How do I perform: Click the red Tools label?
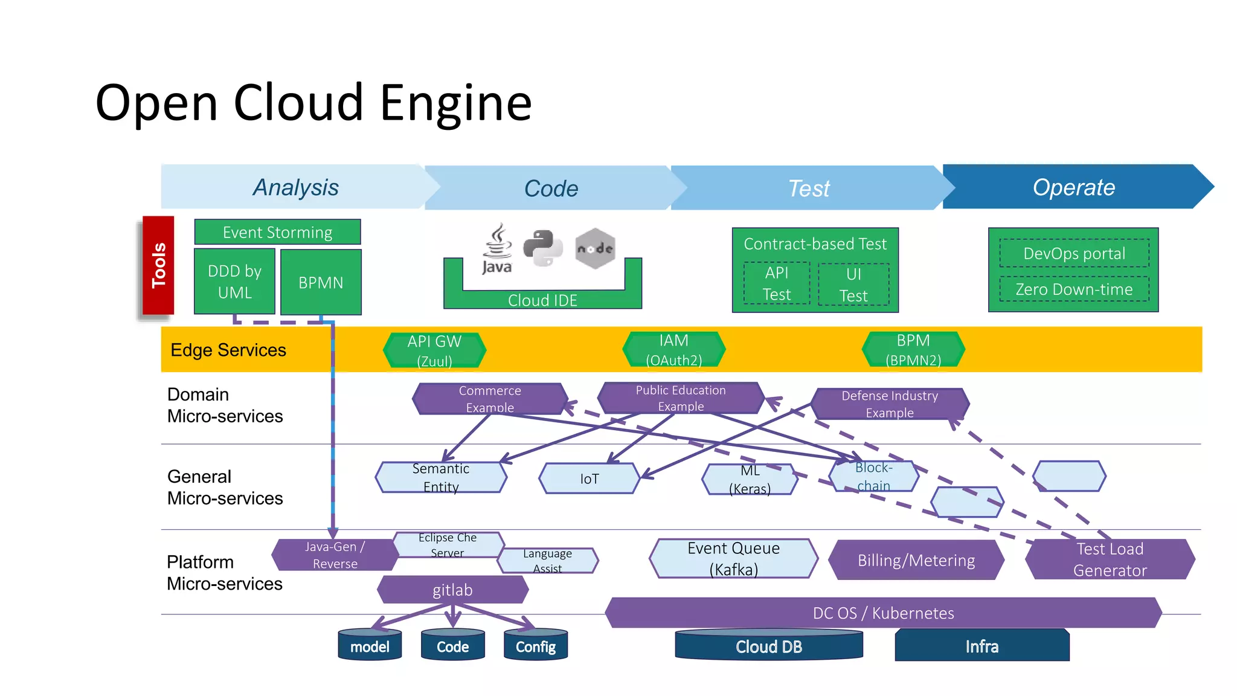click(x=158, y=265)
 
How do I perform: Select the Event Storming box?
click(x=277, y=232)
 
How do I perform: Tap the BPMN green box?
click(x=321, y=282)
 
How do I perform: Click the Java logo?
click(x=497, y=248)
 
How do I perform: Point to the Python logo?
click(x=542, y=248)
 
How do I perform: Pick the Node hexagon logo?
click(x=595, y=248)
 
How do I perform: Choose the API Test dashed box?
click(x=777, y=283)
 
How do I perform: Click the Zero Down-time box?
click(x=1074, y=289)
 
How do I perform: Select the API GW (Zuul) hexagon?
click(x=434, y=350)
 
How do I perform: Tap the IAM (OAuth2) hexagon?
click(x=673, y=350)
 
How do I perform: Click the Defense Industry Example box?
click(x=890, y=404)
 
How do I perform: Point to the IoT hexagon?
click(x=589, y=478)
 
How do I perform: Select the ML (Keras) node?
click(x=750, y=479)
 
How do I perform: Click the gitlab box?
click(x=452, y=590)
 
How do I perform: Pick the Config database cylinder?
click(x=536, y=645)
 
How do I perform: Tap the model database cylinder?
click(x=370, y=645)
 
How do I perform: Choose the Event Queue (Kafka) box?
click(x=733, y=559)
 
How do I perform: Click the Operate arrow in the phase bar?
click(x=1074, y=187)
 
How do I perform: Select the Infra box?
click(x=982, y=646)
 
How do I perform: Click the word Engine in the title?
click(x=456, y=103)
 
